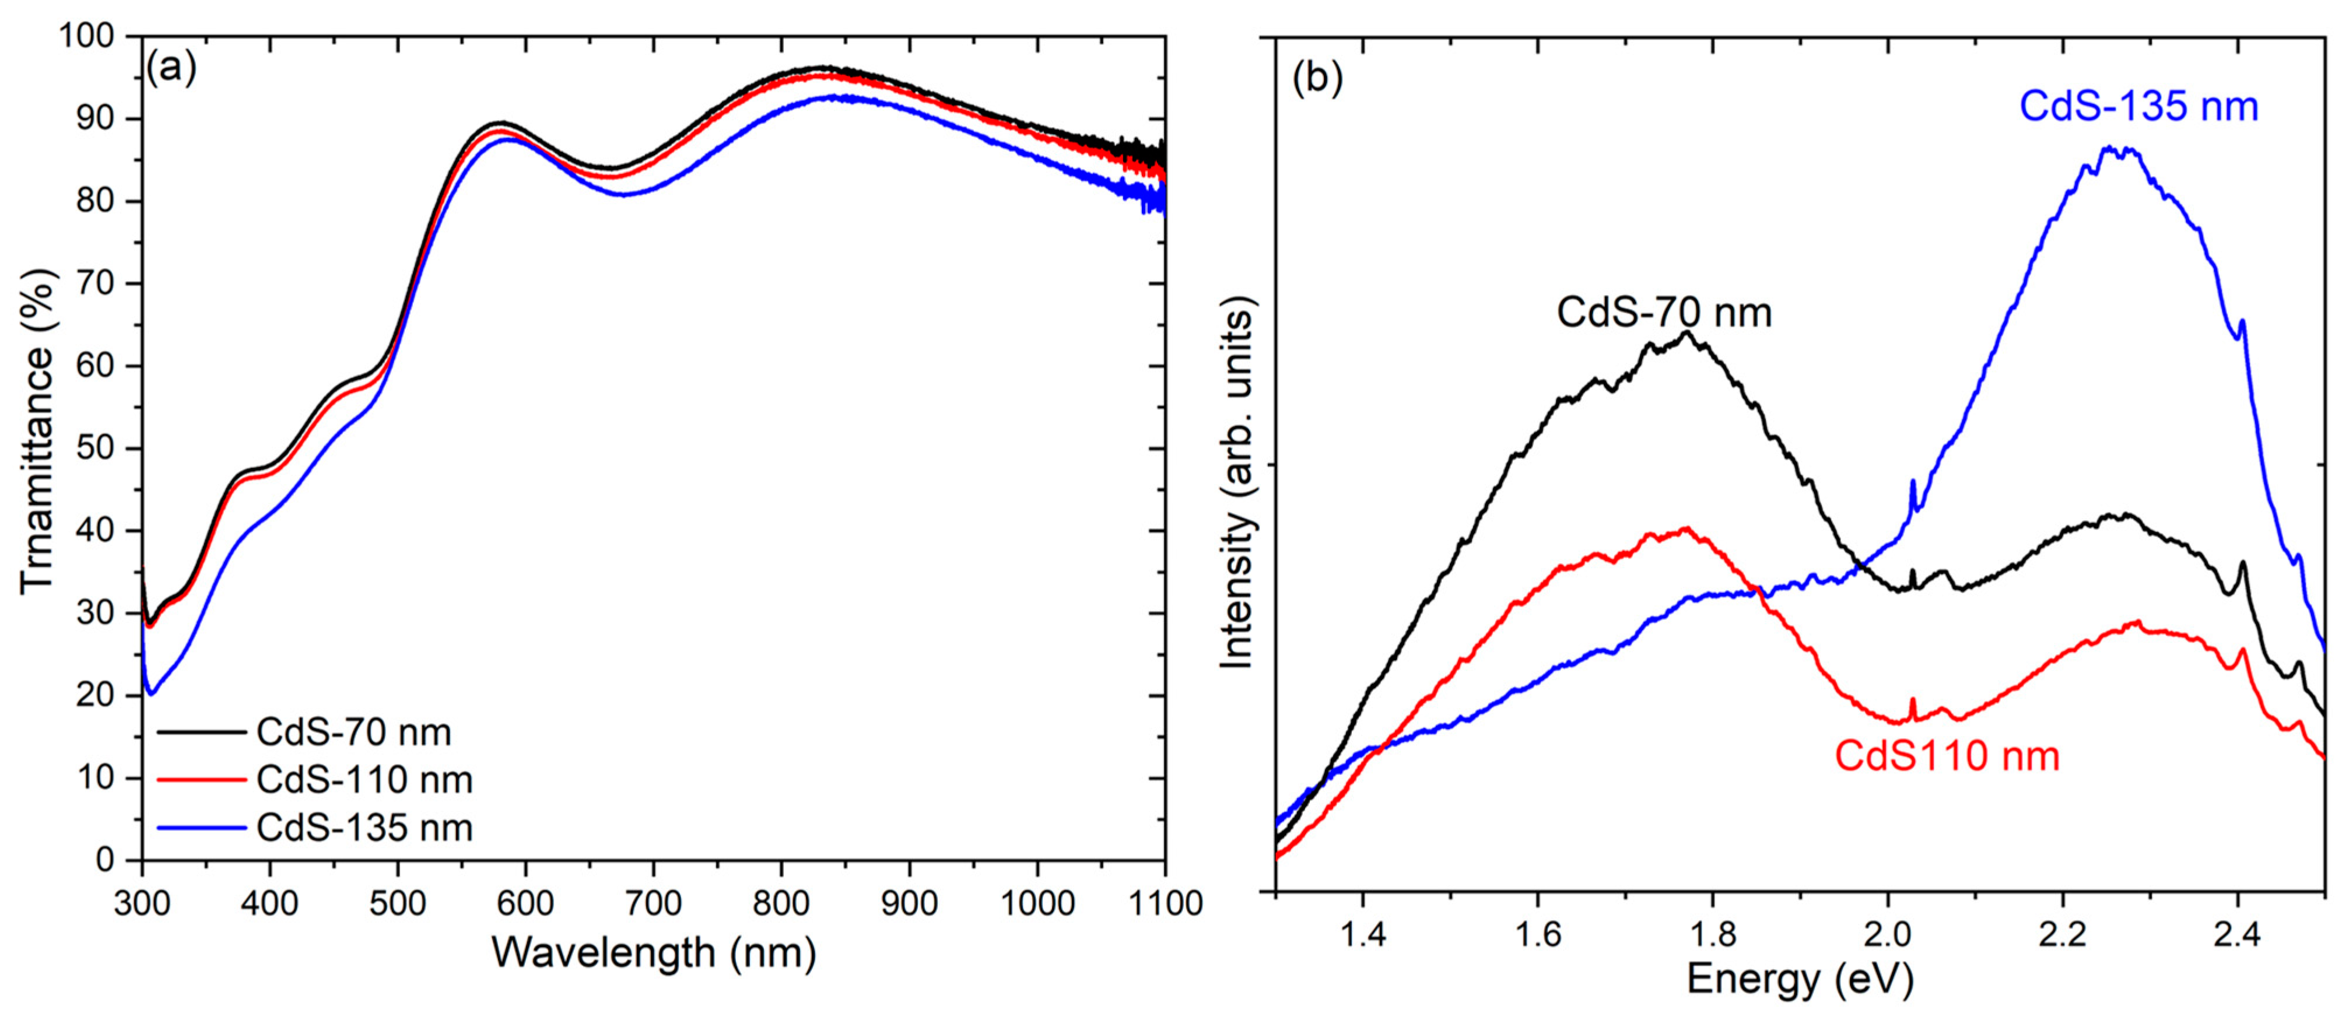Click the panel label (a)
coord(171,69)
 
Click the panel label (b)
coord(1317,78)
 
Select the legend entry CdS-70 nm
coord(353,732)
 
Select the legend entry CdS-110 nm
coord(364,779)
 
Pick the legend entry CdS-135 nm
coord(364,828)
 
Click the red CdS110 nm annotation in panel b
coord(1947,756)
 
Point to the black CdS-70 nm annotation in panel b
coord(1664,313)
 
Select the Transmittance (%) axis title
coord(36,432)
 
